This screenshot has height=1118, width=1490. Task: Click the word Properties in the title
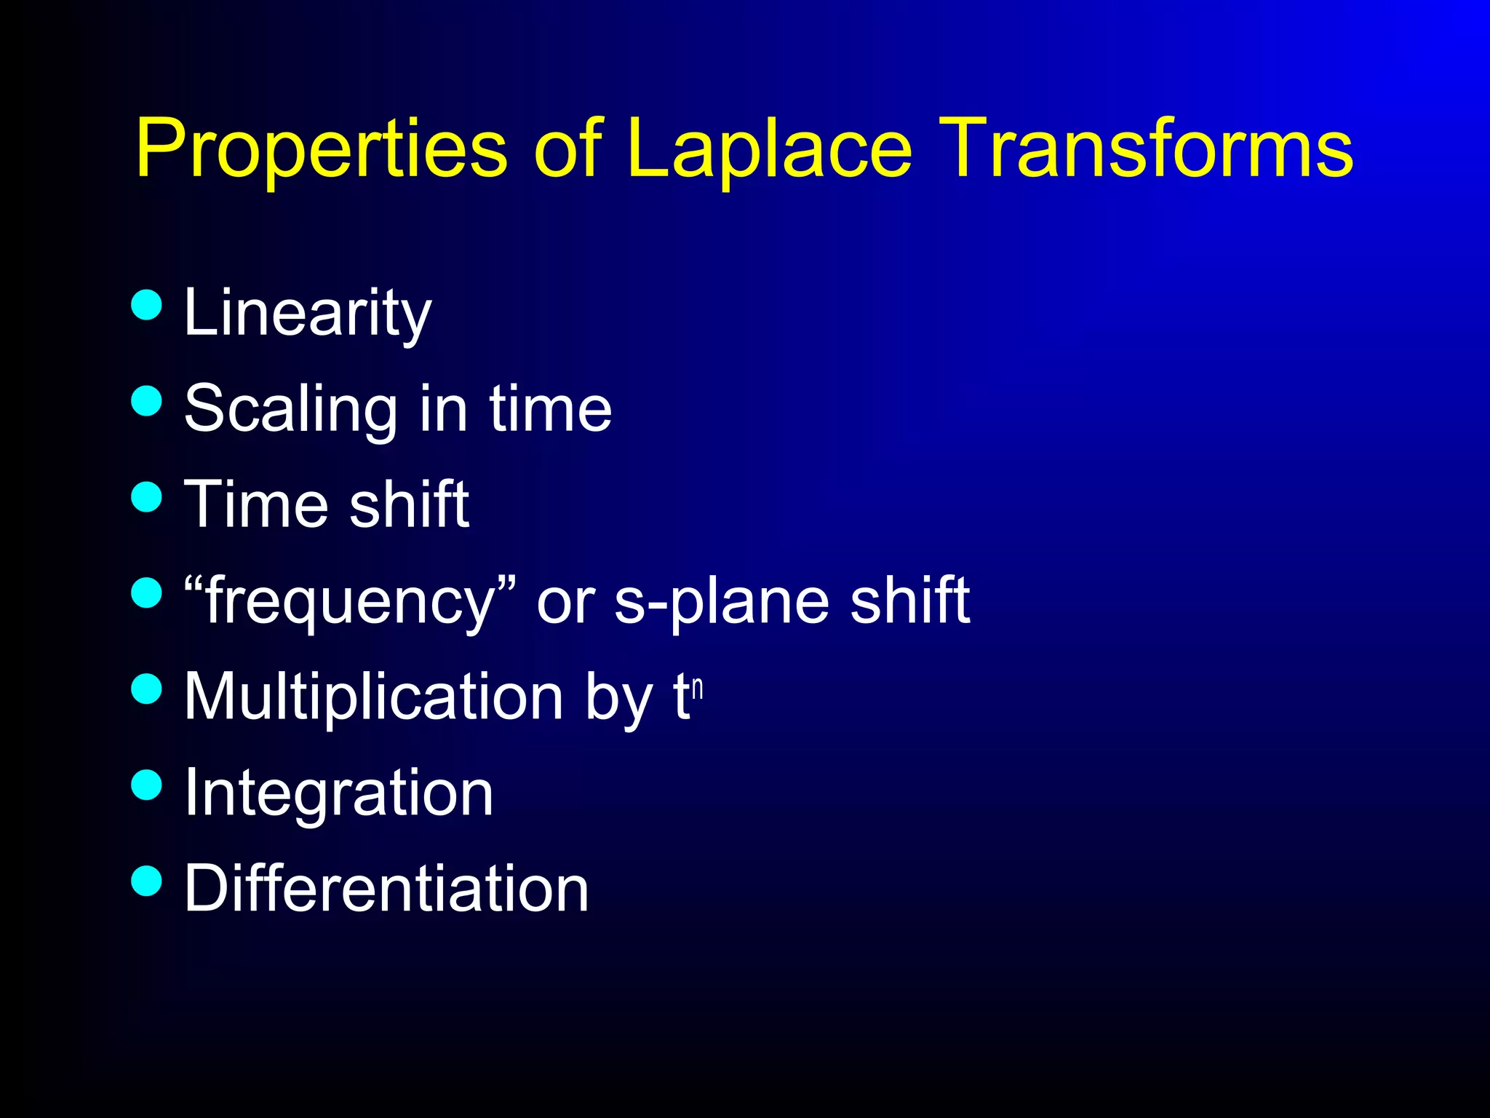320,149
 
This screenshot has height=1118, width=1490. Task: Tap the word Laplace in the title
768,149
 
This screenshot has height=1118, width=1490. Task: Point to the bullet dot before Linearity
147,304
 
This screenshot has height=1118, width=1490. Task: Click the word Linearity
307,313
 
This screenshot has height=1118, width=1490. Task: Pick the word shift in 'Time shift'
409,504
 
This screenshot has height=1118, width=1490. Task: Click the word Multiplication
373,697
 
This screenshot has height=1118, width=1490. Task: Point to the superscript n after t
697,688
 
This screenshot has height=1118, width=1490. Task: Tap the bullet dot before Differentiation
147,881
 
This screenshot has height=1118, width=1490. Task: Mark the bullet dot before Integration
147,785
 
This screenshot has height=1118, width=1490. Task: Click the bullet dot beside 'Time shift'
147,496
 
